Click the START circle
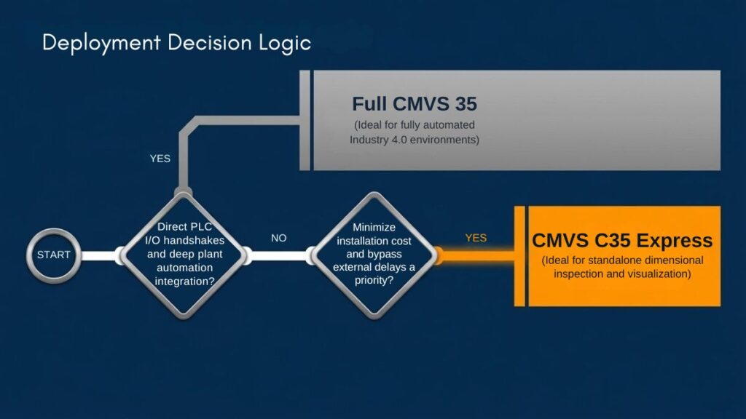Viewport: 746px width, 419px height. click(x=54, y=255)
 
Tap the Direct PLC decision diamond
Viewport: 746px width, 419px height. click(x=184, y=255)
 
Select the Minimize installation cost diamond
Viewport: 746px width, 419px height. click(x=374, y=255)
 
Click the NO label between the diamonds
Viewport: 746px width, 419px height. click(x=279, y=238)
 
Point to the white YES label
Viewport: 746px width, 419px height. click(x=160, y=159)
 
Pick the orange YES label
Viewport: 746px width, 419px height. click(x=476, y=238)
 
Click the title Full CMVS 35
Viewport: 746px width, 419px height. click(x=415, y=104)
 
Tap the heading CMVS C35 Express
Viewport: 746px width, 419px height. click(x=622, y=240)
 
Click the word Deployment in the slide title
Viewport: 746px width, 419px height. click(x=101, y=43)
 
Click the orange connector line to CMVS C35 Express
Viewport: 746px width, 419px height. click(x=476, y=255)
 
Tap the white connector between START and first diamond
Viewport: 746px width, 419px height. click(x=101, y=255)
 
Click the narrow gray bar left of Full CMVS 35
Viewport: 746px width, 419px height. click(x=305, y=120)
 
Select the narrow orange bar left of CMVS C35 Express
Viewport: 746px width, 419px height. click(x=519, y=256)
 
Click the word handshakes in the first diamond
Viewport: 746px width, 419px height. click(x=194, y=240)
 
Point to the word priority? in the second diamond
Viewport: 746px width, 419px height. click(x=374, y=280)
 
